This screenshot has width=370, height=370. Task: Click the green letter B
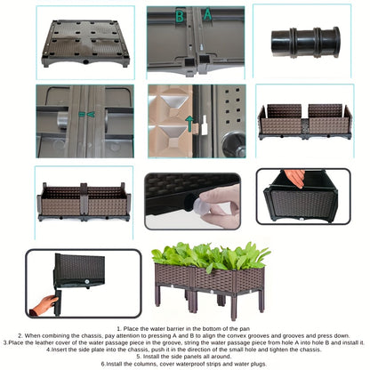[x=180, y=16]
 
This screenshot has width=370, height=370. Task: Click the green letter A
[x=207, y=14]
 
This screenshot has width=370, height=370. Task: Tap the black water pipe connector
[x=306, y=42]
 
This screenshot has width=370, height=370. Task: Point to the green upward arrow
[x=189, y=124]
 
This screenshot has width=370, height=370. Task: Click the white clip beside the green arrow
[x=205, y=125]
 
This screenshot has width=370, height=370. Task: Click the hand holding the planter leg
[x=44, y=306]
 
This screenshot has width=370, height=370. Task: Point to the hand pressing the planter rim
[x=294, y=178]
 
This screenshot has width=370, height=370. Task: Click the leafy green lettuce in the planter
[x=211, y=255]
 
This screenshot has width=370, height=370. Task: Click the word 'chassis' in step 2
[x=93, y=335]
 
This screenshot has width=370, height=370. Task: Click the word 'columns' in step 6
[x=146, y=364]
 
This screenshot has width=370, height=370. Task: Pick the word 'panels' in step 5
[x=189, y=357]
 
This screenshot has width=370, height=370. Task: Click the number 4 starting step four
[x=48, y=350]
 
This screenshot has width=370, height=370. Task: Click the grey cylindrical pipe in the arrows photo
[x=62, y=120]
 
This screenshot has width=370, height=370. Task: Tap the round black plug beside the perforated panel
[x=235, y=144]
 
